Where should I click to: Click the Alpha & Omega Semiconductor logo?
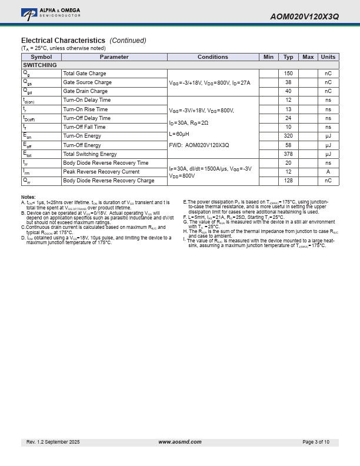(x=51, y=12)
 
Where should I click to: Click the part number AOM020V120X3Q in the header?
(x=304, y=17)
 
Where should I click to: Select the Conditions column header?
(x=212, y=57)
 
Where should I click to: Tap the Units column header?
(x=328, y=57)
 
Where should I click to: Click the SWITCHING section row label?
(x=40, y=65)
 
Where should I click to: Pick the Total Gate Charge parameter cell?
(x=85, y=74)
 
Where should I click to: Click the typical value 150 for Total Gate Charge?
(x=288, y=74)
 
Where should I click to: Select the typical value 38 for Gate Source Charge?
(x=288, y=82)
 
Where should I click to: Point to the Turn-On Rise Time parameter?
(x=85, y=109)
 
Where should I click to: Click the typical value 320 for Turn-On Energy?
(x=288, y=136)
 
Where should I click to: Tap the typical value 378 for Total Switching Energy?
(x=288, y=154)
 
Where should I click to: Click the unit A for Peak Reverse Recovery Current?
(x=328, y=172)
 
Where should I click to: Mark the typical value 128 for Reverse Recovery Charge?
(x=288, y=181)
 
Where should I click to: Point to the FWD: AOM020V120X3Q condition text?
(x=199, y=145)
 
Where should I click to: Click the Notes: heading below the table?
(x=28, y=197)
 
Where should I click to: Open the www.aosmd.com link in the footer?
(x=180, y=442)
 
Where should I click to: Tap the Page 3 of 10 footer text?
(x=316, y=442)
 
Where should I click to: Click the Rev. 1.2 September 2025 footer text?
(x=53, y=442)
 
